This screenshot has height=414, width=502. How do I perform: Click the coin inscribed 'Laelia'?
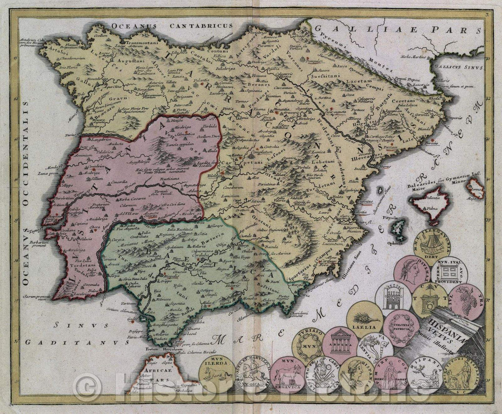click(364, 319)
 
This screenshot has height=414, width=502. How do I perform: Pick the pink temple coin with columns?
click(339, 345)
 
